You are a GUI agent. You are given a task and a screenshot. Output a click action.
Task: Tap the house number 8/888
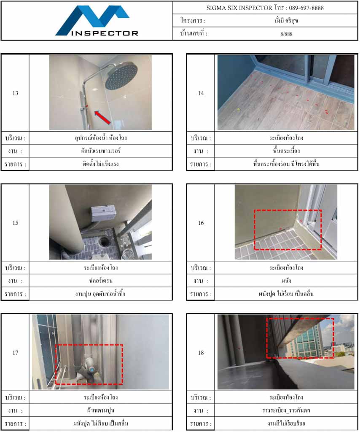point(286,34)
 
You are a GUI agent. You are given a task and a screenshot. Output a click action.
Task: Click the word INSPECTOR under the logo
point(105,33)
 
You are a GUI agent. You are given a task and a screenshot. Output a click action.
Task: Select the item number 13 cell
point(16,93)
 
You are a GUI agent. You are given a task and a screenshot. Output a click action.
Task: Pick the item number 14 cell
point(201,93)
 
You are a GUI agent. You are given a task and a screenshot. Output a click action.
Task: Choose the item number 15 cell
point(16,223)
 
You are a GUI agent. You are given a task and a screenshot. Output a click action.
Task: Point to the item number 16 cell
point(201,223)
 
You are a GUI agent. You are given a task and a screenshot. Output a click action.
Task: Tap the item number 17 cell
point(16,352)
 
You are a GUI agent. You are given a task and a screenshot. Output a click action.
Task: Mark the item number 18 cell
point(201,352)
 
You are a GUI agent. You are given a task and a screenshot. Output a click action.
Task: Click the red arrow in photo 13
point(103,117)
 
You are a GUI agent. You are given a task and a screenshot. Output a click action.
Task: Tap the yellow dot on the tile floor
point(238,110)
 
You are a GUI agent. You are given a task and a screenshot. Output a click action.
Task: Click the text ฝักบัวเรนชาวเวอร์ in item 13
point(101,151)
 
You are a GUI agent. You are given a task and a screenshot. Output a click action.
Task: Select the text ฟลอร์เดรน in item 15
point(101,281)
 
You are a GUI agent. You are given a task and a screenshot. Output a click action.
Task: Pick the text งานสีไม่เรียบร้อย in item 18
point(286,424)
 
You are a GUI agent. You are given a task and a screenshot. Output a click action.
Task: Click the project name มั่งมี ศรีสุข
point(286,21)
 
